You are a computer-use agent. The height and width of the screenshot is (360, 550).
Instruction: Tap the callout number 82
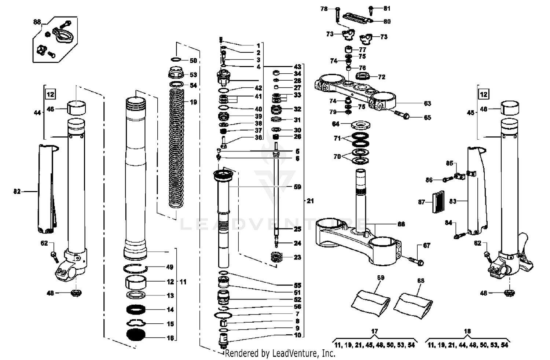[17, 191]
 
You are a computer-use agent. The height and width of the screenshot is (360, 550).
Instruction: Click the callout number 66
[401, 224]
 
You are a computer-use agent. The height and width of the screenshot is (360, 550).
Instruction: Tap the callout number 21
[310, 201]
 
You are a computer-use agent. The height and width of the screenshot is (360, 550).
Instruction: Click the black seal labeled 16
[136, 335]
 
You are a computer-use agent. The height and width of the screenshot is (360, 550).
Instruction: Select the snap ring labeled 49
[135, 268]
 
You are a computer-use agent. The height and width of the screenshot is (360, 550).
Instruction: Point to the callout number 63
[427, 104]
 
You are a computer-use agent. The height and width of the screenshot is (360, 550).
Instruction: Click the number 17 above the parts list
[374, 331]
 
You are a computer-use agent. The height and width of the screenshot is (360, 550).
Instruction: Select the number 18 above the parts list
[467, 331]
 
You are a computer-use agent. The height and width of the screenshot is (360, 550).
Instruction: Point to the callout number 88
[37, 22]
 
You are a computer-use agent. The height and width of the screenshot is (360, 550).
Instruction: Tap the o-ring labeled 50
[176, 60]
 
